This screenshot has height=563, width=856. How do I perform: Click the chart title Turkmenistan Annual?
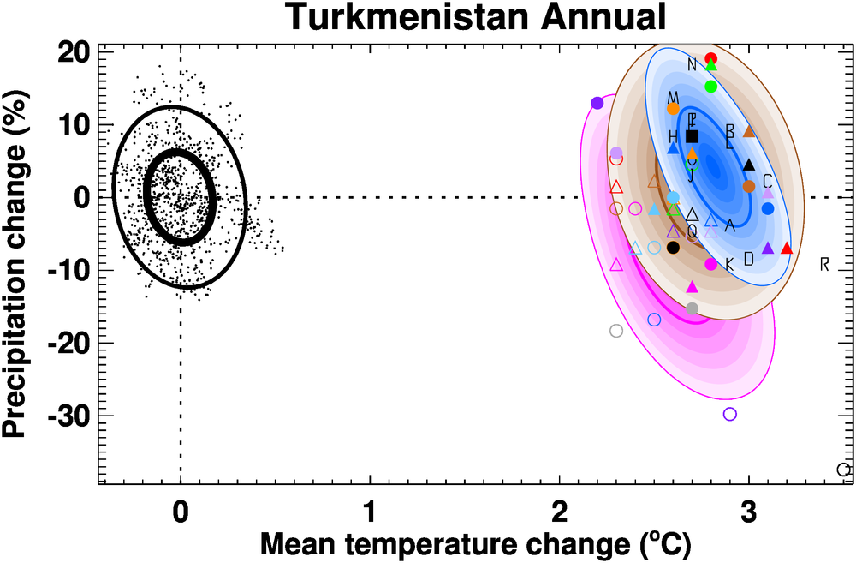tap(475, 16)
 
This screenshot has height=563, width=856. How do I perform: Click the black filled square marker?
tap(693, 136)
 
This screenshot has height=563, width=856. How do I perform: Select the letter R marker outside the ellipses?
tap(824, 263)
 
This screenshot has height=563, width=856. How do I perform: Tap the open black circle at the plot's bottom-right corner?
tap(843, 470)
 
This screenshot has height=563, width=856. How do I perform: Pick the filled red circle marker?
tap(710, 59)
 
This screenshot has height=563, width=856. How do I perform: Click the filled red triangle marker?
tap(787, 249)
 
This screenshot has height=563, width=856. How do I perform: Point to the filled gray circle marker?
tap(693, 308)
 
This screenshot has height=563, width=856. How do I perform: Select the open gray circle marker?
tap(616, 331)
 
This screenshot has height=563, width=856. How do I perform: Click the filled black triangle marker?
tap(749, 165)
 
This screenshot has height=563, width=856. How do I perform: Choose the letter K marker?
tap(729, 265)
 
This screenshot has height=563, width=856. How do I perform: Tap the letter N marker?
tap(692, 65)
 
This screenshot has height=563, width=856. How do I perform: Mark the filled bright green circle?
tap(710, 87)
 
